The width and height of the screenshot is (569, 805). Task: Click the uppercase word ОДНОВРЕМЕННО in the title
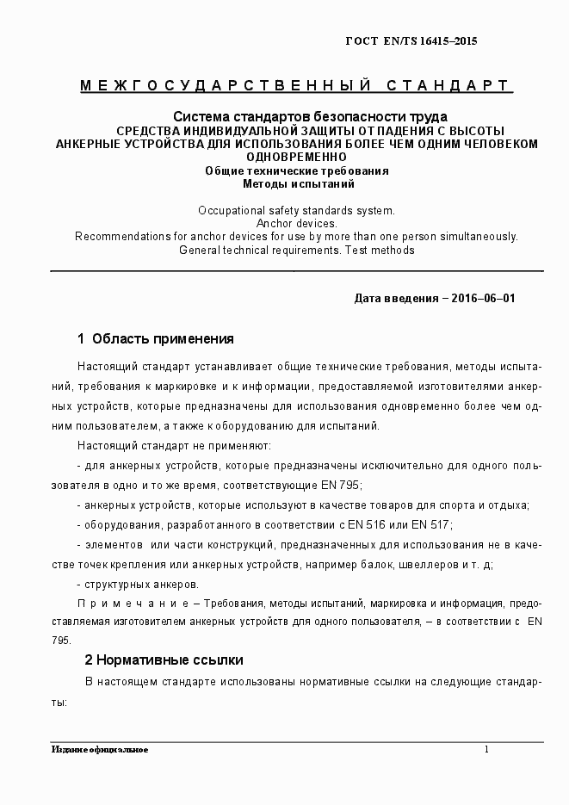point(296,157)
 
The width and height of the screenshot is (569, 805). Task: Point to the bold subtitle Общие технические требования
point(296,170)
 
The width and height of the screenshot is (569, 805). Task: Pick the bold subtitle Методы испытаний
point(296,183)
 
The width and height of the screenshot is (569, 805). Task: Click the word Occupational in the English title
point(228,210)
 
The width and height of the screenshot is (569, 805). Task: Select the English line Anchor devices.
point(296,223)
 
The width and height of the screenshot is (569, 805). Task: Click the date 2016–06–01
point(485,299)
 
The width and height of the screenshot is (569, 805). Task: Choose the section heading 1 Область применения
point(156,338)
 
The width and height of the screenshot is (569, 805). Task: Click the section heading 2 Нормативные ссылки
point(164,660)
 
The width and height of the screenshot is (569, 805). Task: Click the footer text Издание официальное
point(99,750)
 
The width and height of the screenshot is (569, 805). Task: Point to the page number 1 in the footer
point(486,750)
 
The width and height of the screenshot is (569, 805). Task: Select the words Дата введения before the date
point(395,299)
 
